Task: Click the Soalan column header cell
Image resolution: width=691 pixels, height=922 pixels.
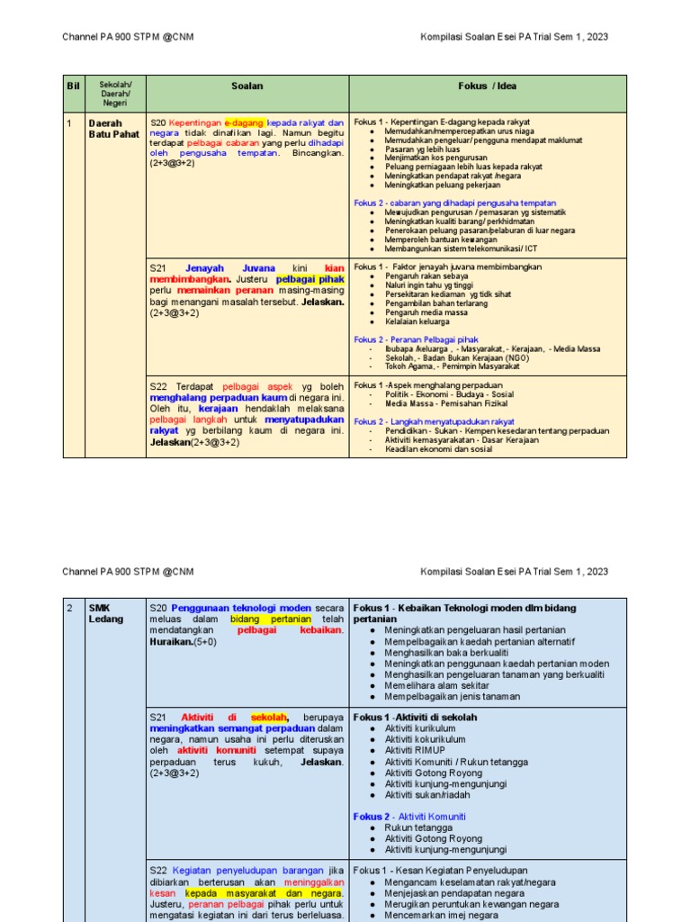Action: tap(247, 86)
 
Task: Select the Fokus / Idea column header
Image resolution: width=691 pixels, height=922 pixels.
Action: tap(487, 86)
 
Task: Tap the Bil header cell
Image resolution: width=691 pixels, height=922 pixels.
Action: tap(73, 86)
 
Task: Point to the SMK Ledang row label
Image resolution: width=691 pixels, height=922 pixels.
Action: tap(105, 613)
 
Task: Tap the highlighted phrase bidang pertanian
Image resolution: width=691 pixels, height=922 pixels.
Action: tap(271, 619)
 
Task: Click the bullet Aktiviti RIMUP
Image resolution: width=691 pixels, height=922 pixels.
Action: tap(415, 750)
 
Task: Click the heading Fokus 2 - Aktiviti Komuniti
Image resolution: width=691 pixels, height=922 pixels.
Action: tap(409, 817)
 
